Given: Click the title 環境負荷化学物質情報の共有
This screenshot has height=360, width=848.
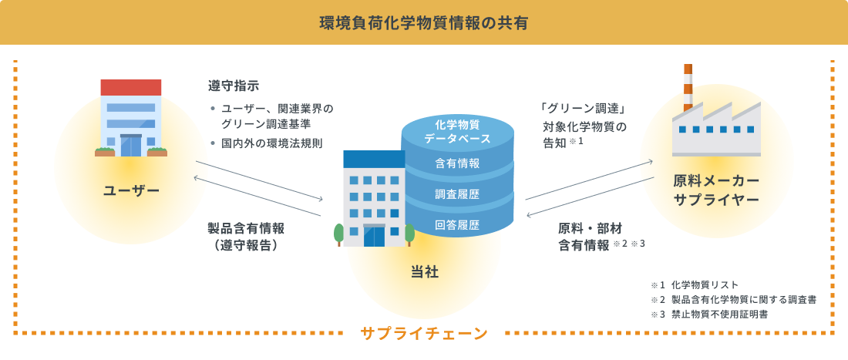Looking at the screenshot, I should (x=423, y=22).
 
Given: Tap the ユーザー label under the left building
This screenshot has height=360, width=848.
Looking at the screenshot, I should (x=131, y=190).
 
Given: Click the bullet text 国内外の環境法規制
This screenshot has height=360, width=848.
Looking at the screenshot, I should (x=271, y=143).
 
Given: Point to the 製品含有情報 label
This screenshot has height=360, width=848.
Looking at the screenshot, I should (x=245, y=228).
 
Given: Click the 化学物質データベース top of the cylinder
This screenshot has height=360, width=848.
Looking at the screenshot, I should (x=457, y=131).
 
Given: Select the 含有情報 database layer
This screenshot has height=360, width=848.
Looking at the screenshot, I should (x=457, y=163).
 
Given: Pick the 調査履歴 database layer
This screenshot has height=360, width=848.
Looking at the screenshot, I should (x=457, y=194).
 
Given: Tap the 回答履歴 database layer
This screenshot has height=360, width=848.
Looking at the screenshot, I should (x=457, y=225).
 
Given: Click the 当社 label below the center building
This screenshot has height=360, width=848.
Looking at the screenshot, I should (x=423, y=271).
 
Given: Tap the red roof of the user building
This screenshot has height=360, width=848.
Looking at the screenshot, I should (x=131, y=86).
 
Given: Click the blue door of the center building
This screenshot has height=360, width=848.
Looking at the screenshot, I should (x=373, y=234).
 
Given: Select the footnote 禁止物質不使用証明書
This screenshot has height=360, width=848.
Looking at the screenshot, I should (x=719, y=314).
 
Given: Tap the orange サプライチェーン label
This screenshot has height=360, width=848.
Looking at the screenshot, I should (x=423, y=334).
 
